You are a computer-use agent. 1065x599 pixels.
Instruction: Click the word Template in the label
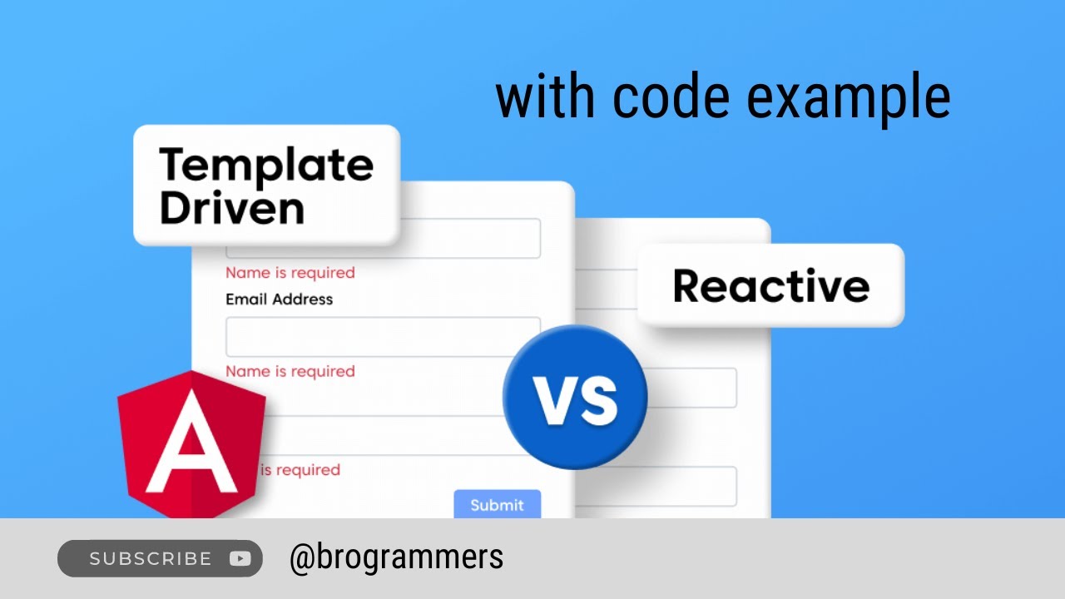click(x=266, y=165)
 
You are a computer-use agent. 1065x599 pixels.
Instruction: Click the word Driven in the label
click(x=231, y=208)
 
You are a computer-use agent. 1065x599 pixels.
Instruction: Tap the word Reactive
click(x=770, y=285)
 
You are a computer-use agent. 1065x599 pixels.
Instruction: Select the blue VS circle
click(x=575, y=397)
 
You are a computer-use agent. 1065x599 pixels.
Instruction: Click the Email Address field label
click(x=279, y=299)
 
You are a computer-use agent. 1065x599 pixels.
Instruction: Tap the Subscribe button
click(x=160, y=558)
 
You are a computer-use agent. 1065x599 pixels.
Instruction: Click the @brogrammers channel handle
click(x=396, y=557)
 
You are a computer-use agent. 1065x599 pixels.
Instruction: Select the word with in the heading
click(x=545, y=97)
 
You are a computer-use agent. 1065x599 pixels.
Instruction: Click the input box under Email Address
click(x=383, y=337)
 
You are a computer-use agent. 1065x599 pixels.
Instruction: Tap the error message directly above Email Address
click(x=290, y=273)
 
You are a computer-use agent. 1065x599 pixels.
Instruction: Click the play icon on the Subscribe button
click(x=240, y=558)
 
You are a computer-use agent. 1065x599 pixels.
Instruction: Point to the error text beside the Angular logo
click(x=300, y=470)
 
